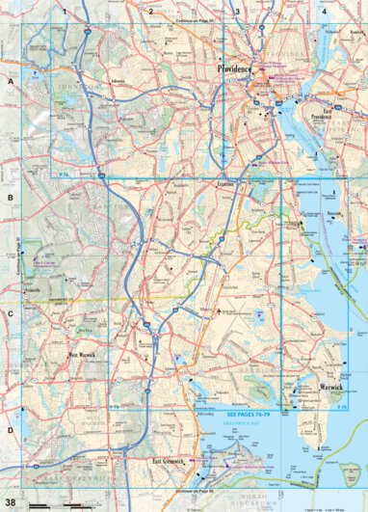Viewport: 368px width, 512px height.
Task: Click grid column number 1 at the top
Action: pyautogui.click(x=64, y=12)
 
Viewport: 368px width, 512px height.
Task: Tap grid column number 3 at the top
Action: pyautogui.click(x=237, y=12)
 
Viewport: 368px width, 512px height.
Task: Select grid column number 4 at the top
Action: pyautogui.click(x=324, y=12)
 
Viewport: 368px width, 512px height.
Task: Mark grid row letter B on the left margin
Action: pyautogui.click(x=11, y=200)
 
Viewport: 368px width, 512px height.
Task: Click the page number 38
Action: pyautogui.click(x=11, y=502)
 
